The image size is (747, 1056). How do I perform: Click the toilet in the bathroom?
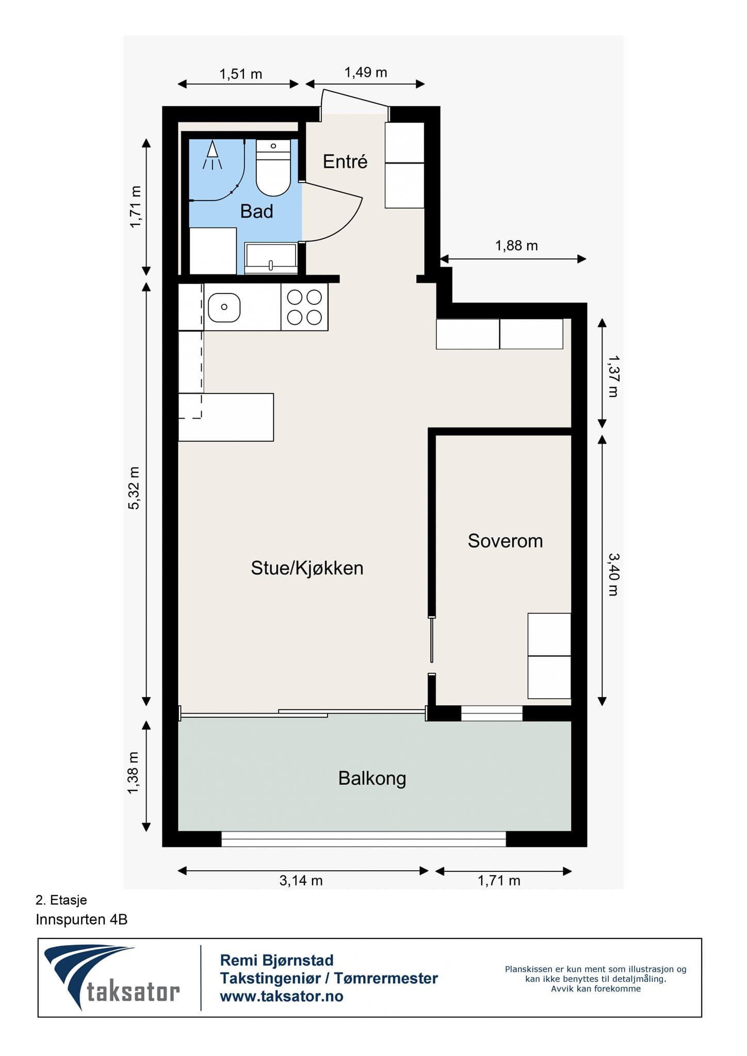point(273,168)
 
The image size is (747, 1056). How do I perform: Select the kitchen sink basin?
point(224,307)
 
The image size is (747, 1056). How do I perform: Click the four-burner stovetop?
point(304,307)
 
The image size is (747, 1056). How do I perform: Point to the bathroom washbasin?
point(271,258)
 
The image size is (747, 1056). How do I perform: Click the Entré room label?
point(345,161)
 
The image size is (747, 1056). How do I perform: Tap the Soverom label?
point(505,540)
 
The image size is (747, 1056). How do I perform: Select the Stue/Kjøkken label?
point(307,568)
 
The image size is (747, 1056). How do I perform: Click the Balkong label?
point(372,778)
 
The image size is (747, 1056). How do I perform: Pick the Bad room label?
point(256,211)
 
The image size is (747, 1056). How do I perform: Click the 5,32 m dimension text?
point(134,488)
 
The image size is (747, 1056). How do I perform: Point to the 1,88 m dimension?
point(516,245)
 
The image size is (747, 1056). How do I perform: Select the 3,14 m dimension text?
point(301,880)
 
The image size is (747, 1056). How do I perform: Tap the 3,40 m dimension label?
point(613,574)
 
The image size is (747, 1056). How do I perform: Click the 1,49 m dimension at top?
point(366,72)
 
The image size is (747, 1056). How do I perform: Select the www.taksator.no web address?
point(282,996)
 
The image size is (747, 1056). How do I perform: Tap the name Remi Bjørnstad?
point(277,960)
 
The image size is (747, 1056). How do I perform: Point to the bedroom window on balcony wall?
point(492,713)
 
